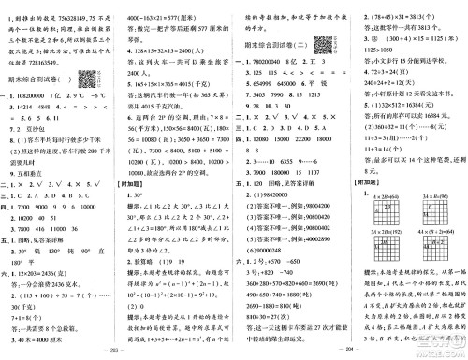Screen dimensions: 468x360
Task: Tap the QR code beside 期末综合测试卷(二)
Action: [x=322, y=43]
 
